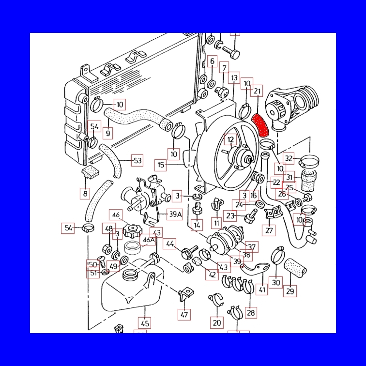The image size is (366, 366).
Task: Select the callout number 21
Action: (x=258, y=91)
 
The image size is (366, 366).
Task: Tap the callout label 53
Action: (x=137, y=160)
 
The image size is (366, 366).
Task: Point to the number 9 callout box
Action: (x=107, y=133)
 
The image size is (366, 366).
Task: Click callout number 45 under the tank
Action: (x=144, y=322)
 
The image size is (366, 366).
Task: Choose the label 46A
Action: (x=148, y=240)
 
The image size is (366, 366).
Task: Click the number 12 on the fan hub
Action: (x=231, y=140)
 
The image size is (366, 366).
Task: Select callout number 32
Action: (x=289, y=158)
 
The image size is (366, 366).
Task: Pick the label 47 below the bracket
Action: (x=184, y=315)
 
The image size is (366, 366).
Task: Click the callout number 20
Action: (x=217, y=323)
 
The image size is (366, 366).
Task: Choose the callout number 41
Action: (x=262, y=290)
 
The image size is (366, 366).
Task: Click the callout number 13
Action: (x=234, y=77)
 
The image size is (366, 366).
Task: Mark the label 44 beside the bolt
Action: (x=170, y=244)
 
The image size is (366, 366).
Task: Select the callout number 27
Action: (x=270, y=230)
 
